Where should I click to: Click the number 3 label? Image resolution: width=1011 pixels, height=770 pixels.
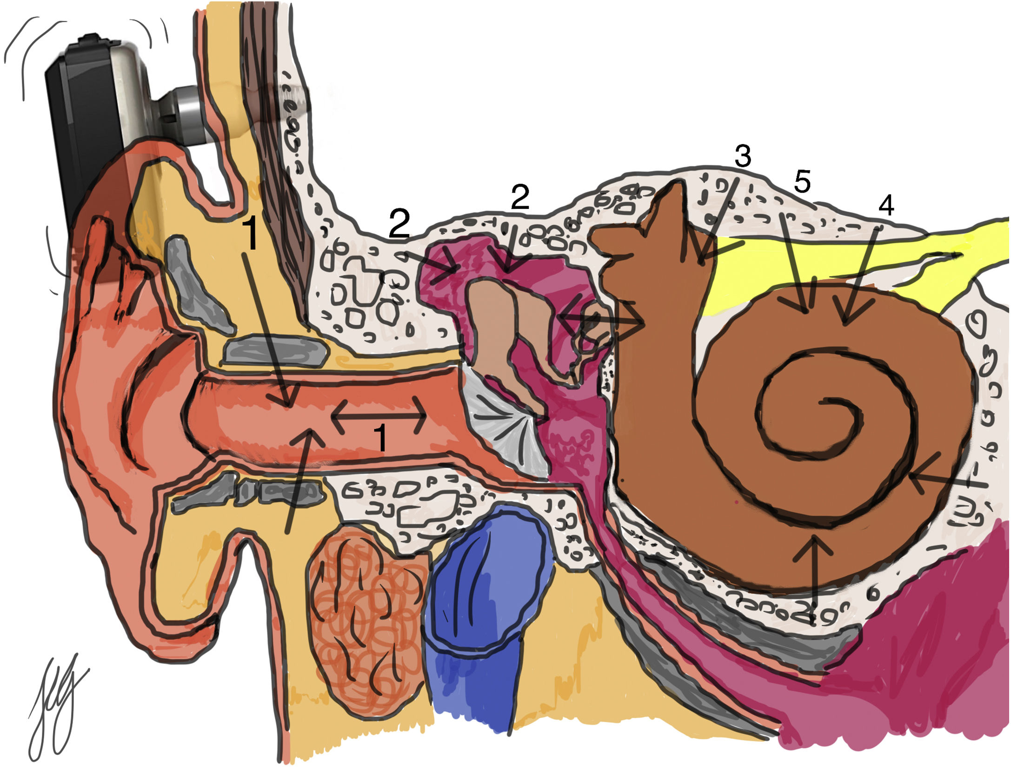(743, 156)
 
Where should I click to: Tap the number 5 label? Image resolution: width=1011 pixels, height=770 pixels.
(802, 181)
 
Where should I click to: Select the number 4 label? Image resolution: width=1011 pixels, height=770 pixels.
(886, 205)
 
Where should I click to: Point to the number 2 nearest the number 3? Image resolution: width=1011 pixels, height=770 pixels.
(520, 198)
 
